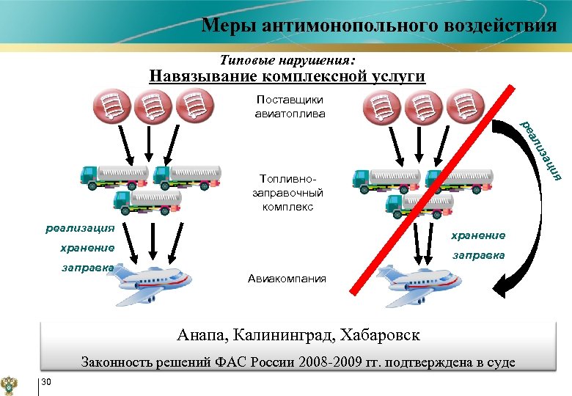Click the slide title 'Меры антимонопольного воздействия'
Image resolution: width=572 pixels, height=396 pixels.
coord(378,26)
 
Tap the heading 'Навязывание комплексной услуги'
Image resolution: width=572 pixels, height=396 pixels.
coord(287,76)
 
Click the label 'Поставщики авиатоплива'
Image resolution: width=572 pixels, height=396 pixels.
coord(289,106)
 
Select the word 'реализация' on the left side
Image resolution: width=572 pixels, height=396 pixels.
coord(79,228)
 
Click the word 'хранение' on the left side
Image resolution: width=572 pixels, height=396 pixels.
coord(87,248)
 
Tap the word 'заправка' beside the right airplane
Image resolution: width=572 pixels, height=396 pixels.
coord(478,254)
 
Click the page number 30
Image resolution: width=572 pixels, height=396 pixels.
coord(46,380)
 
